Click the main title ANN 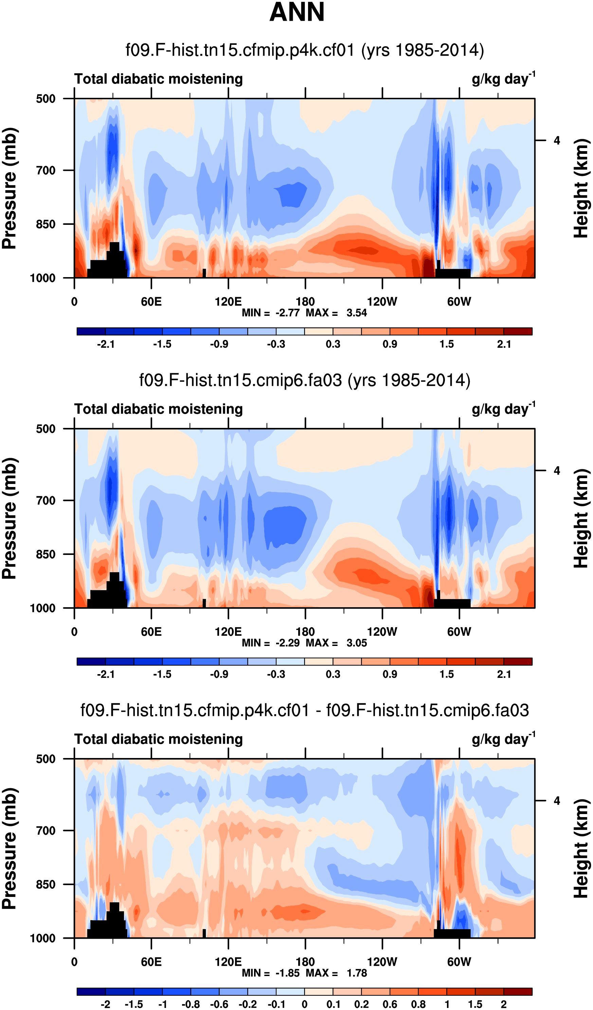(297, 12)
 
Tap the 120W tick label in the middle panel (382, 632)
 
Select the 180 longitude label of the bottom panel (305, 962)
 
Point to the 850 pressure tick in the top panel (46, 224)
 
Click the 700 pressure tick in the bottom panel (46, 830)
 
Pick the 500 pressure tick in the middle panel (46, 429)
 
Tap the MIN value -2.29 (287, 643)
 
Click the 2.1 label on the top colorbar (504, 344)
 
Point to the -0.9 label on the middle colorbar (219, 674)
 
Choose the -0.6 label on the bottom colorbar (219, 1004)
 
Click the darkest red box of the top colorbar (518, 331)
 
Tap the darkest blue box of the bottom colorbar (91, 992)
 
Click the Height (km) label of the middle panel (581, 519)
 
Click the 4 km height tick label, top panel (557, 141)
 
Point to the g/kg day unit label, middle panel (503, 409)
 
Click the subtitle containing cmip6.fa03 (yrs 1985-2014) (305, 380)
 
